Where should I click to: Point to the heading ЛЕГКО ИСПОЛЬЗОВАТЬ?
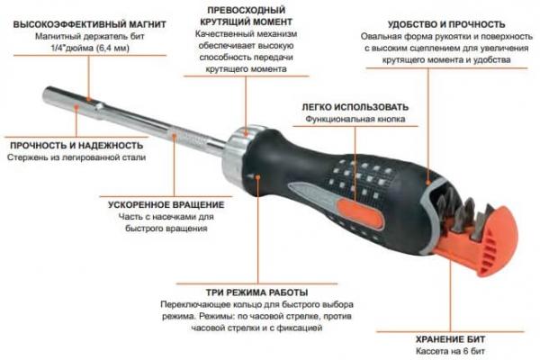354,106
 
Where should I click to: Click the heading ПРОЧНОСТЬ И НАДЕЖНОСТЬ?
76,145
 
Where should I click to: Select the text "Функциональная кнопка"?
354,119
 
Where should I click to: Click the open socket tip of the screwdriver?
48,94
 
